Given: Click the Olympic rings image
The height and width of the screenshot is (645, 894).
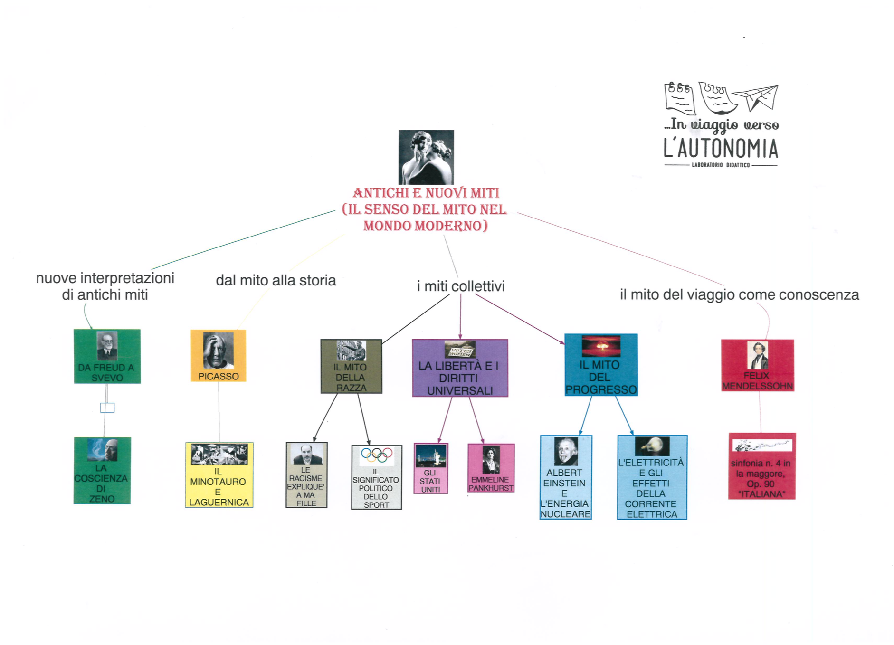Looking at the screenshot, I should [376, 455].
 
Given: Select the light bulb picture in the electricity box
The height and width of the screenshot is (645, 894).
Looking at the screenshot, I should [652, 446].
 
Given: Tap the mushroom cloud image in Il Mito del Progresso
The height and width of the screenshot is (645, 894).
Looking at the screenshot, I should [601, 346].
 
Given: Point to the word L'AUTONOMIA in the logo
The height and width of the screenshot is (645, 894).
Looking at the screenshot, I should [721, 148].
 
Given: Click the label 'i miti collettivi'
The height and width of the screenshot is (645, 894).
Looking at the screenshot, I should [460, 286].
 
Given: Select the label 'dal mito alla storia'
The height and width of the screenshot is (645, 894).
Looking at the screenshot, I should [276, 280].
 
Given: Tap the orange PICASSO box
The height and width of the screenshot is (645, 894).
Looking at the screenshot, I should [218, 356].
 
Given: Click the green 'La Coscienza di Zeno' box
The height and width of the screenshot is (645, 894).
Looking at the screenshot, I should [102, 471].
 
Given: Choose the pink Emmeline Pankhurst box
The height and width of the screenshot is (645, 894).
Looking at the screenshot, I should [491, 468].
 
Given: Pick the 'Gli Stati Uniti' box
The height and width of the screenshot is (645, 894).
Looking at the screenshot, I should [430, 468].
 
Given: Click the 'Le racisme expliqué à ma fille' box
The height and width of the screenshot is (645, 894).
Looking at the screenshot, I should [306, 475].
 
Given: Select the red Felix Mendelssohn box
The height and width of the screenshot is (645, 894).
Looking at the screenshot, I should [757, 365].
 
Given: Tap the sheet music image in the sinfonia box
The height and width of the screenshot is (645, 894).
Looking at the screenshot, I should [762, 446].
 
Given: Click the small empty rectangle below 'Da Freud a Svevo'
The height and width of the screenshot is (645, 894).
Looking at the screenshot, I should [107, 408].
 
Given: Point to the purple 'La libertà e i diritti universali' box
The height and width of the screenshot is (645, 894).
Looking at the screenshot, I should [460, 368].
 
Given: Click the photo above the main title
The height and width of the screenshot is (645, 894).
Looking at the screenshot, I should [426, 157].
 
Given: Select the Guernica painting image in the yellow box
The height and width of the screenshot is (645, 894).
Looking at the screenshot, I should [219, 454].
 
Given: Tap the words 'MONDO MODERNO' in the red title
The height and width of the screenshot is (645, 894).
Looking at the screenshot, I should [425, 226].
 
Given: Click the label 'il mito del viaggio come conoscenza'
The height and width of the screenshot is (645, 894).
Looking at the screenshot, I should [739, 295].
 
